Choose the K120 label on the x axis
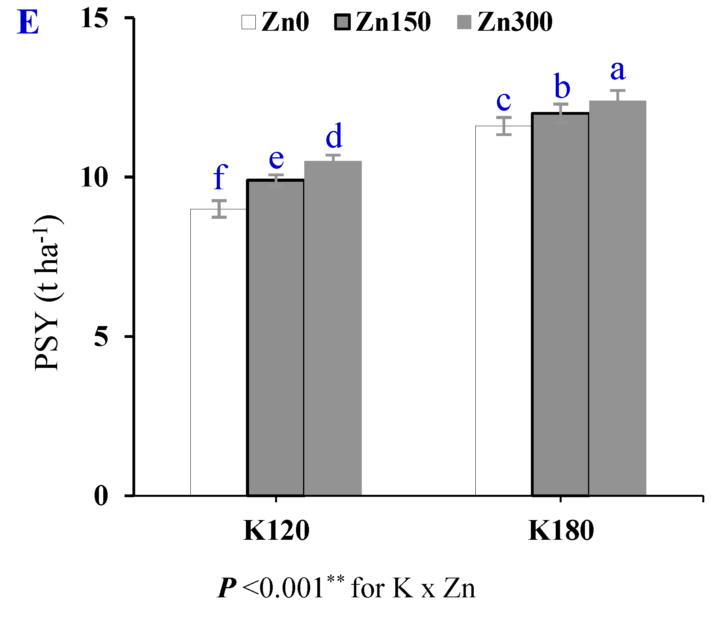click(276, 531)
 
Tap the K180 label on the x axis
click(561, 531)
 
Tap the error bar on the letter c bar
click(504, 126)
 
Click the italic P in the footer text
click(227, 588)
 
